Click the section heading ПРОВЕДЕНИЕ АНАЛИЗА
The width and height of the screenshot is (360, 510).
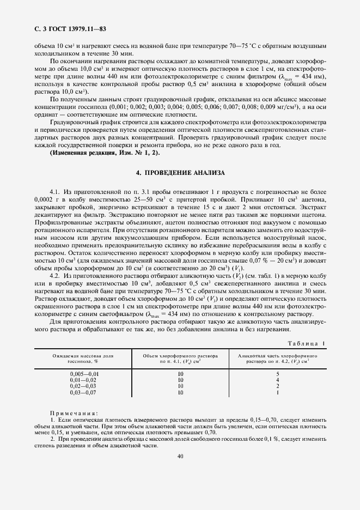180,173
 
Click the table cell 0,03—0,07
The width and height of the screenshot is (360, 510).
83,392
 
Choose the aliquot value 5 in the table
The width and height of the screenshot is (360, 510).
278,374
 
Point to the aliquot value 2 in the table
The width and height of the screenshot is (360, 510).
278,386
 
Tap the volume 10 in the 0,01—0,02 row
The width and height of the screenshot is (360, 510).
180,380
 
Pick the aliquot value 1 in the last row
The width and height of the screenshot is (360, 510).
278,392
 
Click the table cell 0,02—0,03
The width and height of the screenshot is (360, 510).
83,386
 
